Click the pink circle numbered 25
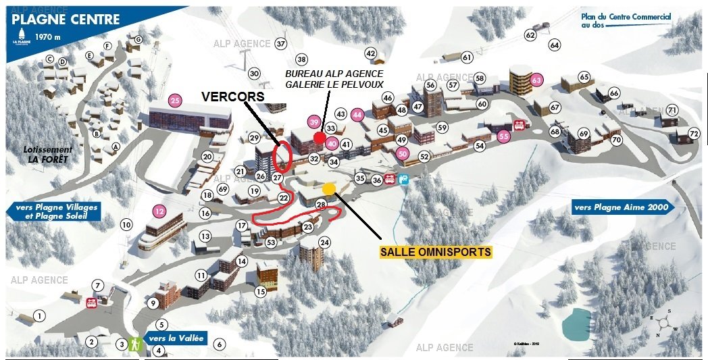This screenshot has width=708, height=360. click(176, 101)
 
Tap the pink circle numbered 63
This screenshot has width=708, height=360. click(537, 80)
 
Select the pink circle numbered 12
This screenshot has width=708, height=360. click(159, 211)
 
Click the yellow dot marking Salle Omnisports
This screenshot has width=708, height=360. click(328, 188)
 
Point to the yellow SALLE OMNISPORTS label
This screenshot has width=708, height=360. click(436, 252)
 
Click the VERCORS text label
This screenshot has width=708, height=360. click(232, 97)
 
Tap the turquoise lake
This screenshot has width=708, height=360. click(575, 322)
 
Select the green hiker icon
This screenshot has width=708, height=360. click(135, 344)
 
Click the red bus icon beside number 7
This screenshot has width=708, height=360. click(91, 303)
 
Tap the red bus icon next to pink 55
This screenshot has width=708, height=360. click(520, 125)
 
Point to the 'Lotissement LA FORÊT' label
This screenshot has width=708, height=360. click(47, 155)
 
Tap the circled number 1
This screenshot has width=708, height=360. click(40, 315)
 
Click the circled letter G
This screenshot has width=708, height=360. click(138, 39)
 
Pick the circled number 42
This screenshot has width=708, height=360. click(370, 53)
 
